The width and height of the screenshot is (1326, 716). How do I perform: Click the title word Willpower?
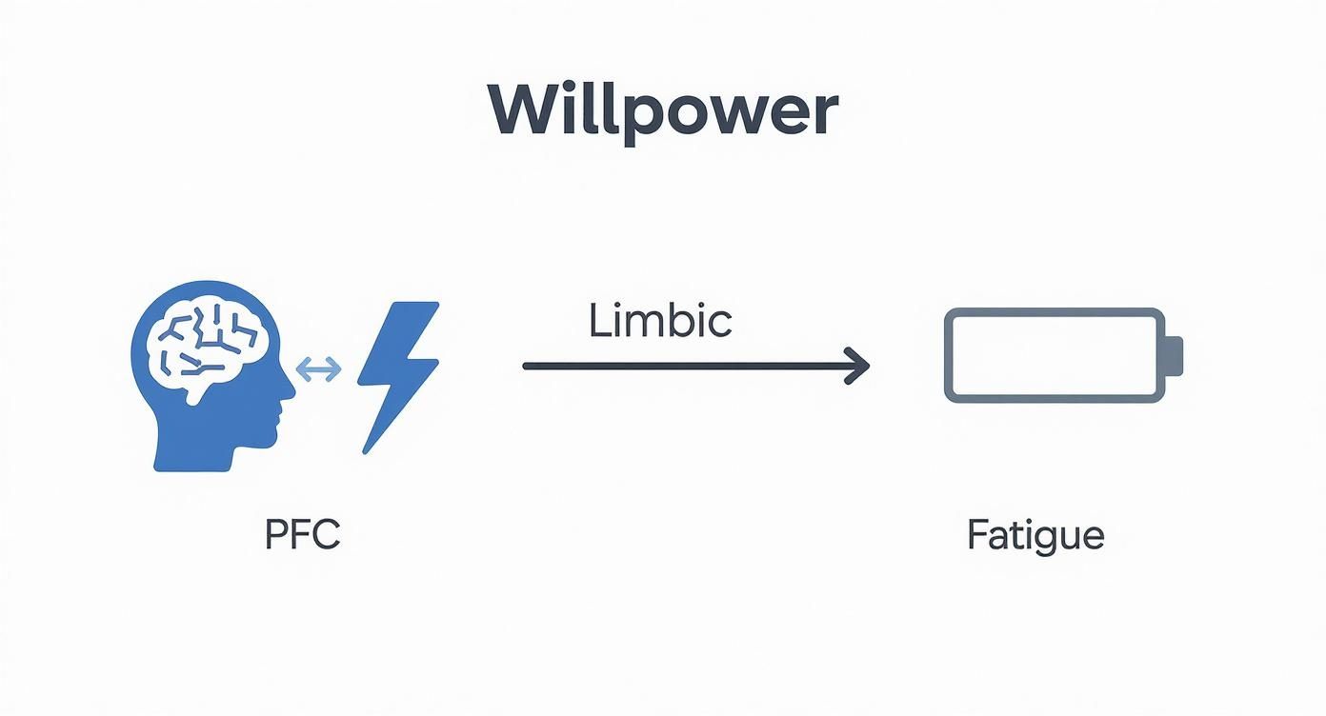pos(663,113)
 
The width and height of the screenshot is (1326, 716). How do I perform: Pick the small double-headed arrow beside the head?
pos(319,370)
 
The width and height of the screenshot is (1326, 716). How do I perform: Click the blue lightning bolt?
pos(397,374)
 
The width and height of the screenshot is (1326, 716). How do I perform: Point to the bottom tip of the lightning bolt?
pos(366,449)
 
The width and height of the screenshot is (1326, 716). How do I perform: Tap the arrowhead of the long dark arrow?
pos(860,366)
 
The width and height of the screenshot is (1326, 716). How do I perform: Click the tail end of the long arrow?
pos(527,366)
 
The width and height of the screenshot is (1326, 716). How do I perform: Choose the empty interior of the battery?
pos(1053,355)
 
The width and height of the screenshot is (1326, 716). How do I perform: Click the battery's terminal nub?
pos(1175,355)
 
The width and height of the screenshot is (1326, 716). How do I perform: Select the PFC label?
pos(302,535)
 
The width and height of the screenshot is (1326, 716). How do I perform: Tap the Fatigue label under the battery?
pos(1035,536)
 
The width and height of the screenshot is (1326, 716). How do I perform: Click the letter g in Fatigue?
pos(1041,540)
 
